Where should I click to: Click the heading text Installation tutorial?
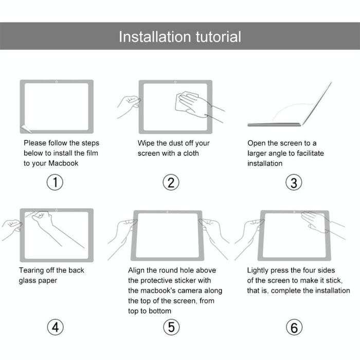tap(179, 37)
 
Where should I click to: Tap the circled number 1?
tap(55, 182)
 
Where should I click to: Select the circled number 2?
tap(171, 182)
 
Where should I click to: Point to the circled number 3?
tap(294, 183)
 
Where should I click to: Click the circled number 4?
tap(55, 327)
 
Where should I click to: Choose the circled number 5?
tap(171, 327)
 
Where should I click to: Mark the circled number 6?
tap(294, 327)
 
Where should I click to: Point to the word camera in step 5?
tap(194, 291)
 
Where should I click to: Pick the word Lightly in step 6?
tap(260, 270)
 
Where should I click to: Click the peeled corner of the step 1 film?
tap(24, 129)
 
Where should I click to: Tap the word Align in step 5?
tap(137, 270)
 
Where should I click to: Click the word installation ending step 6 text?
tap(326, 291)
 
